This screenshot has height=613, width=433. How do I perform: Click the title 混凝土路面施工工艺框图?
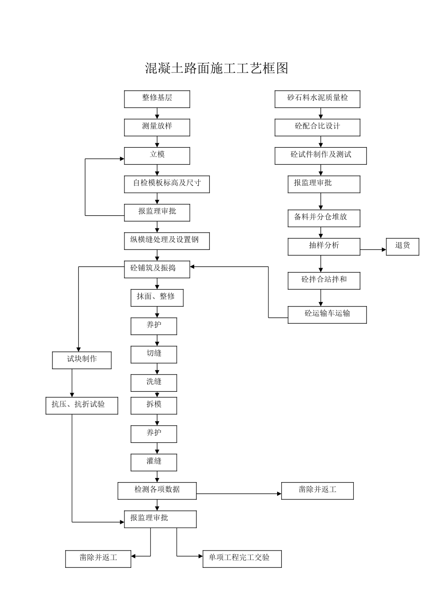[x=216, y=68]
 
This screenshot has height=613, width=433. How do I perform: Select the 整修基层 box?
[x=157, y=99]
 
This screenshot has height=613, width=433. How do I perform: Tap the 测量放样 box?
[x=157, y=127]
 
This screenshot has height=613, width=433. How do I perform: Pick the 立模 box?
[x=157, y=156]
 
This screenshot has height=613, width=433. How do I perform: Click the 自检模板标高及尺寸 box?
[x=167, y=184]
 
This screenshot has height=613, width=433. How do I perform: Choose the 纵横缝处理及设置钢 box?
[x=167, y=241]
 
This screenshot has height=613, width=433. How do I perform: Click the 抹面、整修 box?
[x=157, y=298]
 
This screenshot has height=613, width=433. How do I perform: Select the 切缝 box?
[x=154, y=354]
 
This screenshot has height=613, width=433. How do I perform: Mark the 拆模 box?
[x=154, y=405]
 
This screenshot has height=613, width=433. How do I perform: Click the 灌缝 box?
[x=154, y=462]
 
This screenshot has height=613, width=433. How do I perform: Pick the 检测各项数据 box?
[x=157, y=491]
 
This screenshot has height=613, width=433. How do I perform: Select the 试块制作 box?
[x=82, y=360]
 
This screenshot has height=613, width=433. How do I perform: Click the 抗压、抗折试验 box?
[x=82, y=405]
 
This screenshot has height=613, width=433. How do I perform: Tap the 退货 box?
[x=402, y=247]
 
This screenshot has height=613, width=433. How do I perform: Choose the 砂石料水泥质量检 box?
[x=317, y=99]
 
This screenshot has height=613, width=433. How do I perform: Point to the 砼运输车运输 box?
[x=327, y=315]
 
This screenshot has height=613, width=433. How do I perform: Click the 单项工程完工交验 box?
[x=242, y=559]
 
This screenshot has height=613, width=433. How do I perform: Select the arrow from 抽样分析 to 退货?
[x=373, y=249]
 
